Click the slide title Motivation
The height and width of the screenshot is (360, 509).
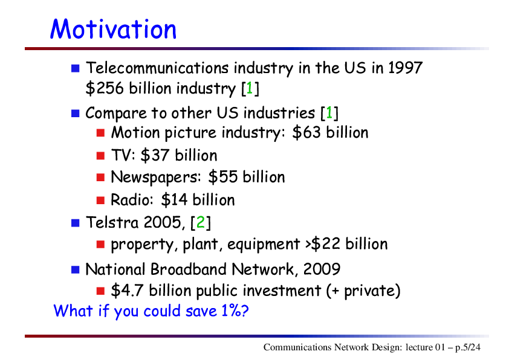pos(113,29)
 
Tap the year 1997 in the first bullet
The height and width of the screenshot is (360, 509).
pos(405,68)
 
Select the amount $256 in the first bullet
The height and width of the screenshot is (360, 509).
pos(105,88)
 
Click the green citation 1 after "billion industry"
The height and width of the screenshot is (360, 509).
pos(249,88)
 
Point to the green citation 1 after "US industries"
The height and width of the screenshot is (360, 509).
pos(329,113)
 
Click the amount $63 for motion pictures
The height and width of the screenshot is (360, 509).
pos(306,132)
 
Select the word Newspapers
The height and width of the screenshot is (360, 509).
pos(154,178)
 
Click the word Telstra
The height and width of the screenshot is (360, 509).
pos(112,222)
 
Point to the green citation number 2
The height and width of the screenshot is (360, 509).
pos(201,222)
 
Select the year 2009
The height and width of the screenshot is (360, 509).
pos(322,269)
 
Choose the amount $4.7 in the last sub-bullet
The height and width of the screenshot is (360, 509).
pos(127,291)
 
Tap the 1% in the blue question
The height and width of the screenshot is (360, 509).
pos(231,310)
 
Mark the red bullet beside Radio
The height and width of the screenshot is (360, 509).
pos(100,200)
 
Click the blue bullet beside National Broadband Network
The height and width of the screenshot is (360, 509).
pos(76,269)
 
